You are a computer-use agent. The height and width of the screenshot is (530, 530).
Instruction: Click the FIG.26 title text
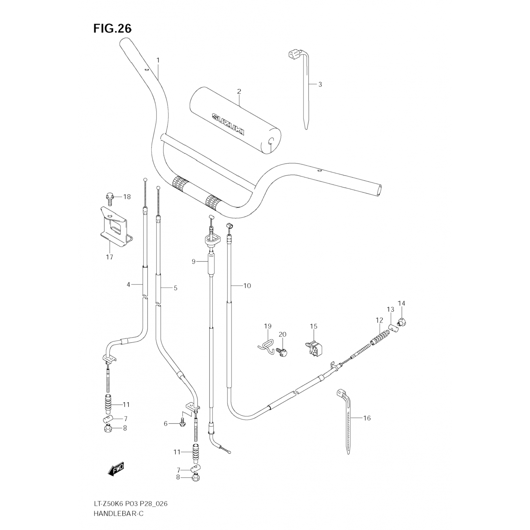pos(112,29)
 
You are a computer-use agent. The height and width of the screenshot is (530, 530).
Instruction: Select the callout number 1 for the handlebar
pos(158,60)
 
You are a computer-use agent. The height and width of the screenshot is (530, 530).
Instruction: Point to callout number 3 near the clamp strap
pos(320,84)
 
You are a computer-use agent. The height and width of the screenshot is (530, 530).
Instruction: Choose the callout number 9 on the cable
pos(194,262)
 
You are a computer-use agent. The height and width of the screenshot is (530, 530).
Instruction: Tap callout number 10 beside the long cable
pos(247,285)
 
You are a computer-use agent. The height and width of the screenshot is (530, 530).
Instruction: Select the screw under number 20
pos(282,351)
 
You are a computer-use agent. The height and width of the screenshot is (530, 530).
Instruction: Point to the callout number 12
pos(379,320)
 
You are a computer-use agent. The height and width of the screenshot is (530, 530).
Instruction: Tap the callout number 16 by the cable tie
pos(367,418)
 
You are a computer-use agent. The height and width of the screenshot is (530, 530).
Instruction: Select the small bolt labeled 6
pos(182,423)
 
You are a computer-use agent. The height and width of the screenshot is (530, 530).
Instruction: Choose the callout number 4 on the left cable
pos(129,284)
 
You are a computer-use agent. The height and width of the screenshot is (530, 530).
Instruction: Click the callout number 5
pos(175,288)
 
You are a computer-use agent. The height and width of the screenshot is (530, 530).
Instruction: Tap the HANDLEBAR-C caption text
pos(119,513)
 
